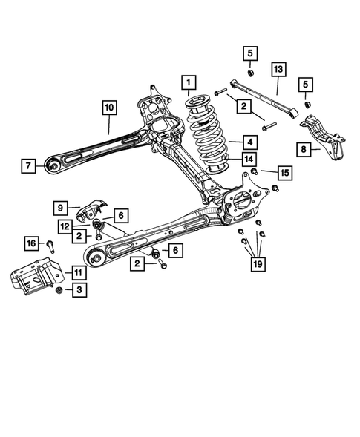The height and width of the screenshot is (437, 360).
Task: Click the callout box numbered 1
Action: coord(190,81)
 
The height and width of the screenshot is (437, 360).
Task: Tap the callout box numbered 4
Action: coord(232,140)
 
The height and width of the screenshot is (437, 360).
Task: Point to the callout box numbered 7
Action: coord(27,165)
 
